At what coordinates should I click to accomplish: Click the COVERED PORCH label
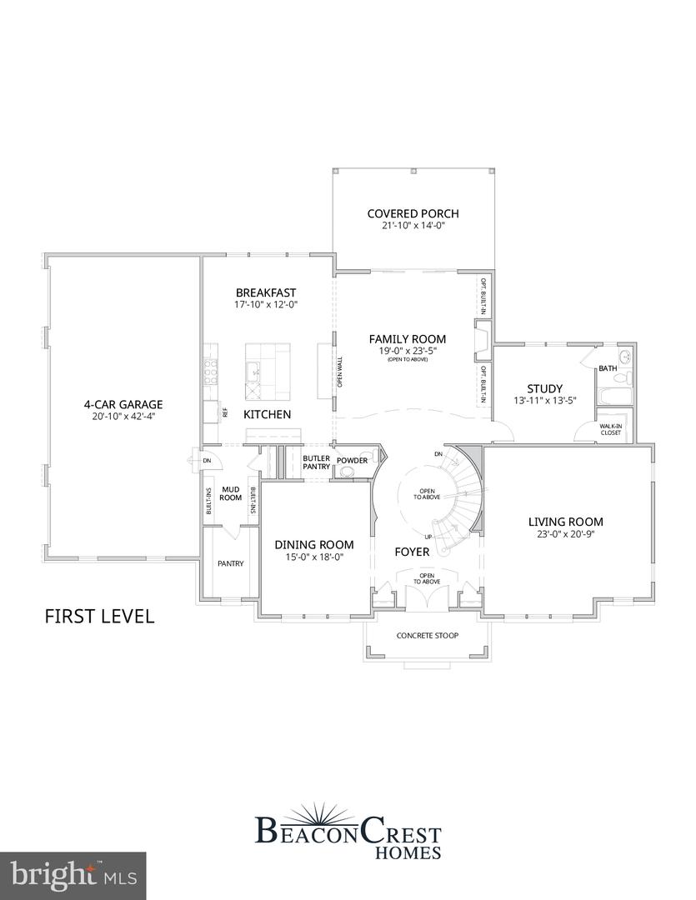(x=413, y=213)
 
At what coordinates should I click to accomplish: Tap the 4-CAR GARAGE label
(x=123, y=405)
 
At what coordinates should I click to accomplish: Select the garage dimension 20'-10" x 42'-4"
(x=123, y=417)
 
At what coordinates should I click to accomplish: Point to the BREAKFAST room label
(x=266, y=292)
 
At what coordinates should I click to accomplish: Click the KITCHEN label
(x=267, y=414)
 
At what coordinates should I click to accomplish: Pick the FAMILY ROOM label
(x=408, y=339)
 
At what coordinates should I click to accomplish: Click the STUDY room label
(x=544, y=388)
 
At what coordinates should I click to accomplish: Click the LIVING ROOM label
(x=565, y=522)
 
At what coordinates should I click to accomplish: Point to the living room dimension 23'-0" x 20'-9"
(x=565, y=534)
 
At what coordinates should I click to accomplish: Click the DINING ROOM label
(x=314, y=544)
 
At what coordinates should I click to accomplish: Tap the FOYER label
(x=412, y=552)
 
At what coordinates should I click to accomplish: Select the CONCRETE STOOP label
(x=426, y=636)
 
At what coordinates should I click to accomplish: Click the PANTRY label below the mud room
(x=230, y=563)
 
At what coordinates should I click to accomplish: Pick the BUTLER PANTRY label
(x=317, y=462)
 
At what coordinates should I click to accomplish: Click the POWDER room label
(x=352, y=460)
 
